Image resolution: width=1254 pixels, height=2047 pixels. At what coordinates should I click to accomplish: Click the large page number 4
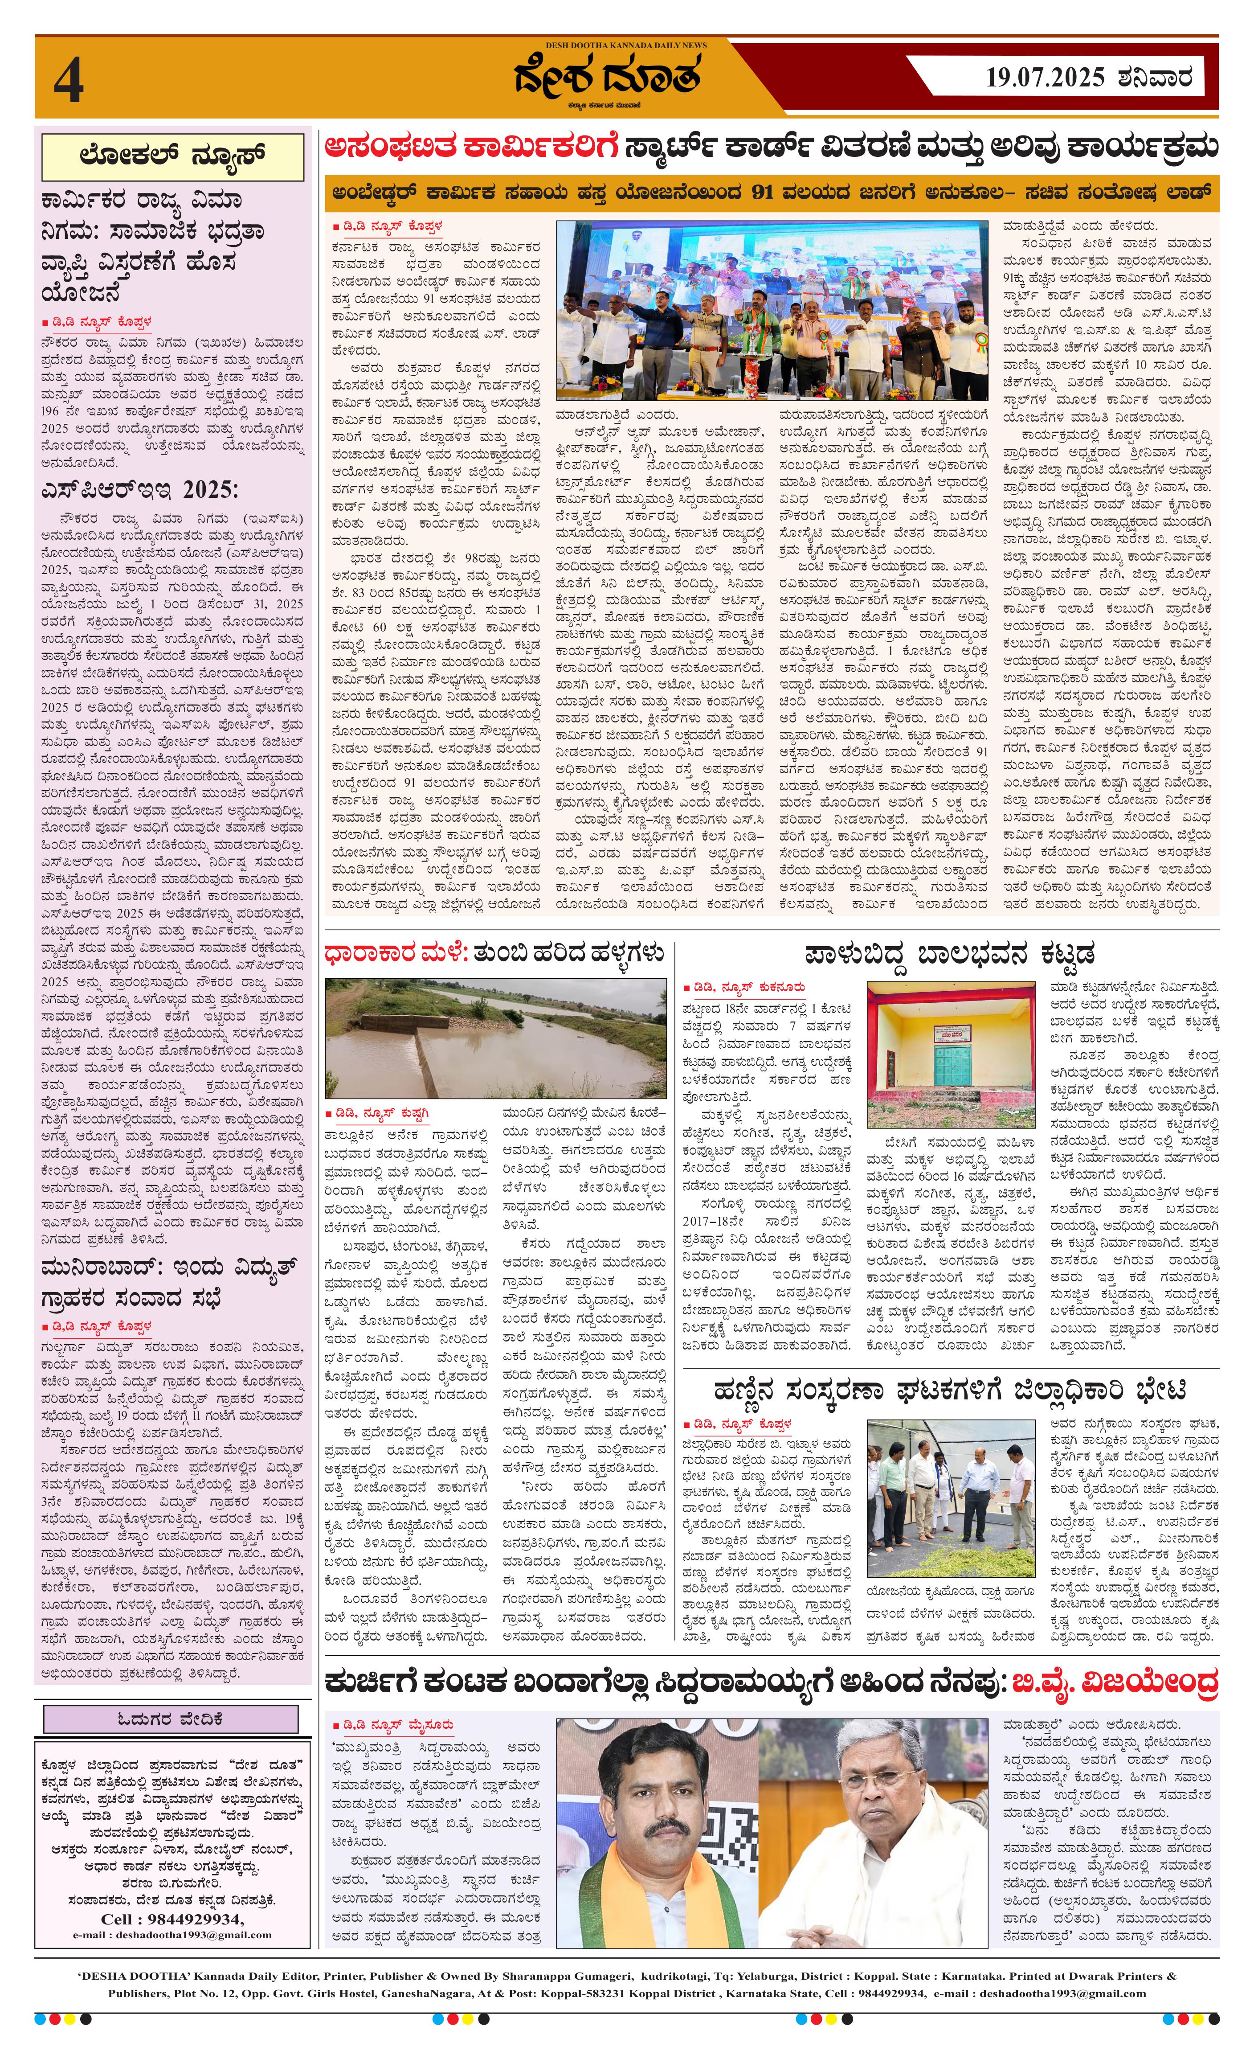(69, 84)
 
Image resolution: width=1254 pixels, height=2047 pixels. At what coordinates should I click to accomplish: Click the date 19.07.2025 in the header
(1045, 78)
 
